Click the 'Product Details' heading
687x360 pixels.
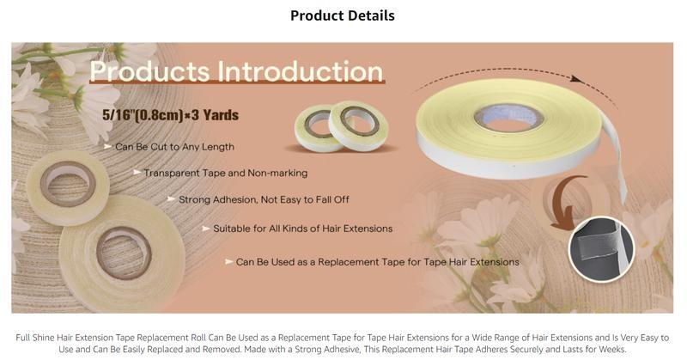pyautogui.click(x=343, y=15)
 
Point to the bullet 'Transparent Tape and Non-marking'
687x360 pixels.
pyautogui.click(x=225, y=173)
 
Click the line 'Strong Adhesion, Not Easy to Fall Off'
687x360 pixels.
pyautogui.click(x=264, y=199)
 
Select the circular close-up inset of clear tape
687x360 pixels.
pyautogui.click(x=600, y=248)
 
